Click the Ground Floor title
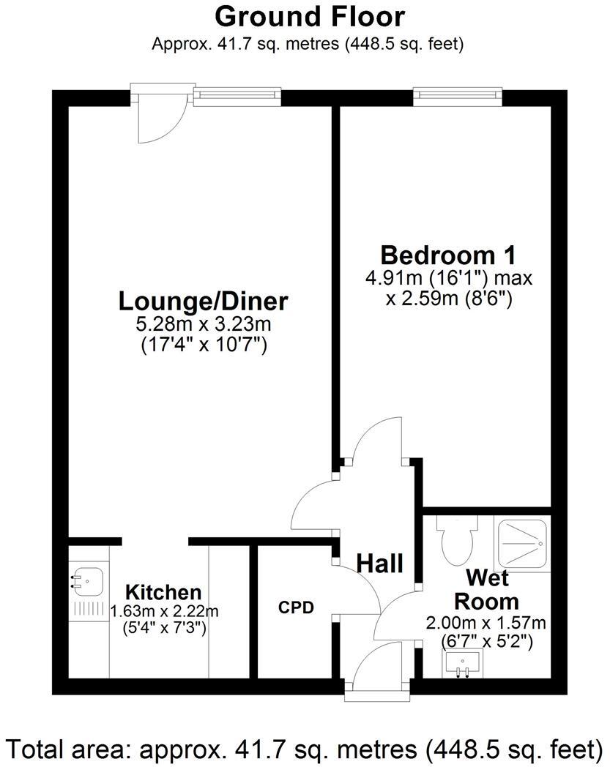310,16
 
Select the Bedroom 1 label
448,255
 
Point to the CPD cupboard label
297,607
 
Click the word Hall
380,564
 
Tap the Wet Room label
487,590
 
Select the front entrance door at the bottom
379,670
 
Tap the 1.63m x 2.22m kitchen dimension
164,610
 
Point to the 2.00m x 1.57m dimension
486,623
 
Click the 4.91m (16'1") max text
449,279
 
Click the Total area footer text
305,749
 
